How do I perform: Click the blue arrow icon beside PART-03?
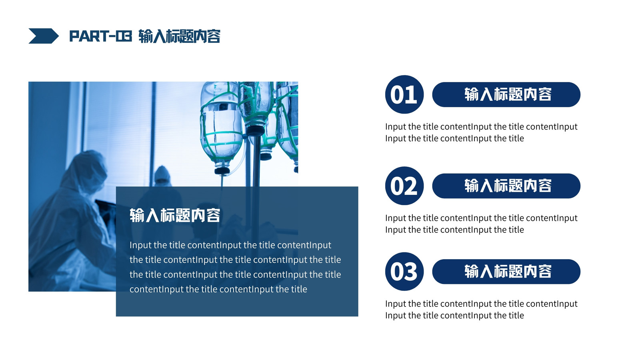[44, 36]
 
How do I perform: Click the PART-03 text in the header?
[100, 36]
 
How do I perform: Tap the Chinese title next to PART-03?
[180, 36]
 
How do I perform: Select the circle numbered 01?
[404, 94]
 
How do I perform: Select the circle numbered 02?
[404, 186]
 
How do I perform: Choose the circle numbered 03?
[404, 272]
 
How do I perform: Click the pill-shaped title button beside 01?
[506, 94]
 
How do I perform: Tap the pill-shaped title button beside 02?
[506, 186]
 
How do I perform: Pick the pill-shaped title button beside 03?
[506, 272]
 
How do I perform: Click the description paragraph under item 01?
[481, 132]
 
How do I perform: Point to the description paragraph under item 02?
[481, 224]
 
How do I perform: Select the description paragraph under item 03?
[481, 310]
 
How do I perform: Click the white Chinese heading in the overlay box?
[175, 215]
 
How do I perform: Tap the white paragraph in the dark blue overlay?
[235, 267]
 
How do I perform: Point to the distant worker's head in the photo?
[162, 175]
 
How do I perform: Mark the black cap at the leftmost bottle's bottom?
[222, 171]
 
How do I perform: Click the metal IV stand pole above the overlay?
[256, 160]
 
